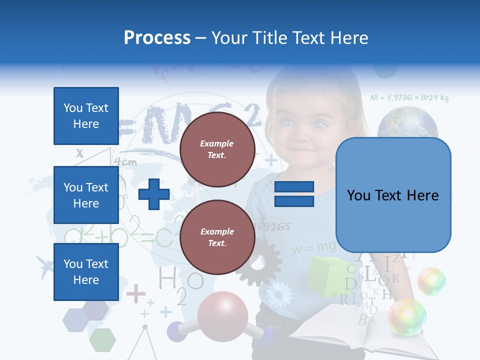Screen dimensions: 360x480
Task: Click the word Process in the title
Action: click(157, 37)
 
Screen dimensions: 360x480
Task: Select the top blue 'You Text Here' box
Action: click(86, 116)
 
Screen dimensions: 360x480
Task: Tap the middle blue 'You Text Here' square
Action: click(86, 195)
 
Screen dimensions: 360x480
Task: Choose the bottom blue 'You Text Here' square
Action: click(86, 272)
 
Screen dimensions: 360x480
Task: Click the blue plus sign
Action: click(153, 194)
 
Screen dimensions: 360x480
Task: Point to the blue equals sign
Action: click(294, 194)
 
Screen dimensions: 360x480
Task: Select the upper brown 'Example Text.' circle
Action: click(217, 149)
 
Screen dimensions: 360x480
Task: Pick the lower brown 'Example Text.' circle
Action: click(217, 237)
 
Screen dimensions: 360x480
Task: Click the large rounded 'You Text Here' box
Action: click(393, 195)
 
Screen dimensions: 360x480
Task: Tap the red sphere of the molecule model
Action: click(222, 315)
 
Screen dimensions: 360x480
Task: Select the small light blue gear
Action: click(278, 294)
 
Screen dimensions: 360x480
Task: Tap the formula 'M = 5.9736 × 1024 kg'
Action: click(409, 98)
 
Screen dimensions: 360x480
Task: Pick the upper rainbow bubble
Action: click(431, 281)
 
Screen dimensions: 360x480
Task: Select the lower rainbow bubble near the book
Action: click(407, 316)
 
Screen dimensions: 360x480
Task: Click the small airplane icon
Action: click(45, 267)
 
